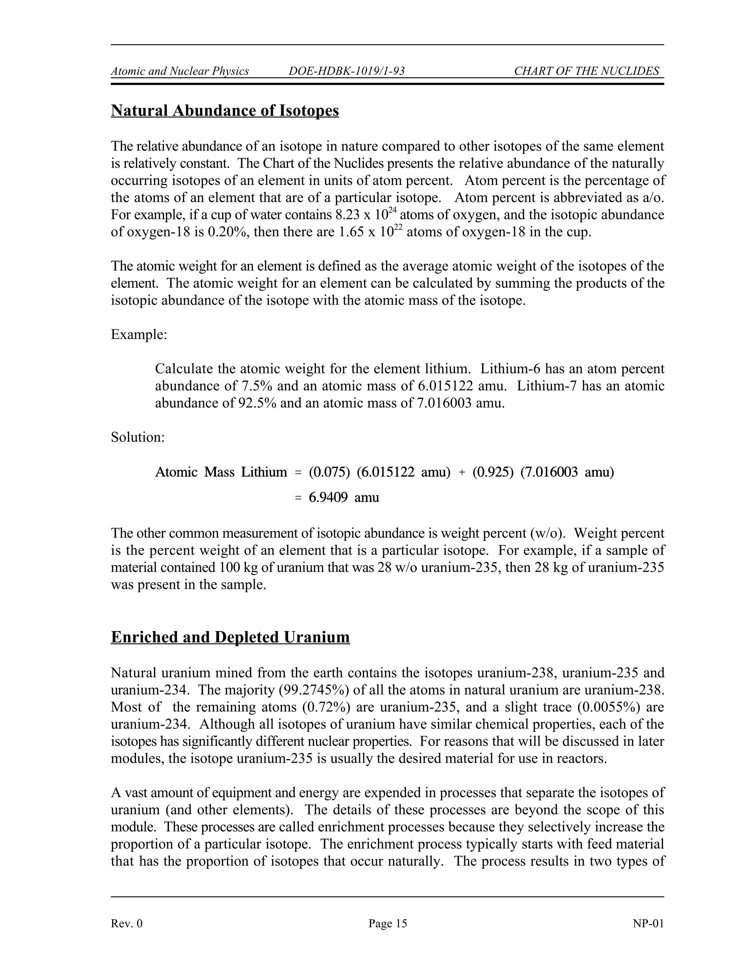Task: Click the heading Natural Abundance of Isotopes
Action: [x=225, y=111]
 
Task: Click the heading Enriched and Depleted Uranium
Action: [x=230, y=637]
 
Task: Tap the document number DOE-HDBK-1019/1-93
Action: [x=347, y=71]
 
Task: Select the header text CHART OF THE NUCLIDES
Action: [x=586, y=71]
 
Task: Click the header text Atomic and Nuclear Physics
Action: [x=180, y=71]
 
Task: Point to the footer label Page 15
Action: [x=388, y=924]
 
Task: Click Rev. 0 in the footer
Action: [x=127, y=924]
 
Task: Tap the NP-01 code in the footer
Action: [x=648, y=924]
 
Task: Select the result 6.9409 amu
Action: [x=343, y=497]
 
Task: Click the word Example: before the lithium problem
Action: [x=139, y=334]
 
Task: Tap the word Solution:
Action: [x=138, y=437]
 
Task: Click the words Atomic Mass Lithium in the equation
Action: [x=221, y=472]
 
